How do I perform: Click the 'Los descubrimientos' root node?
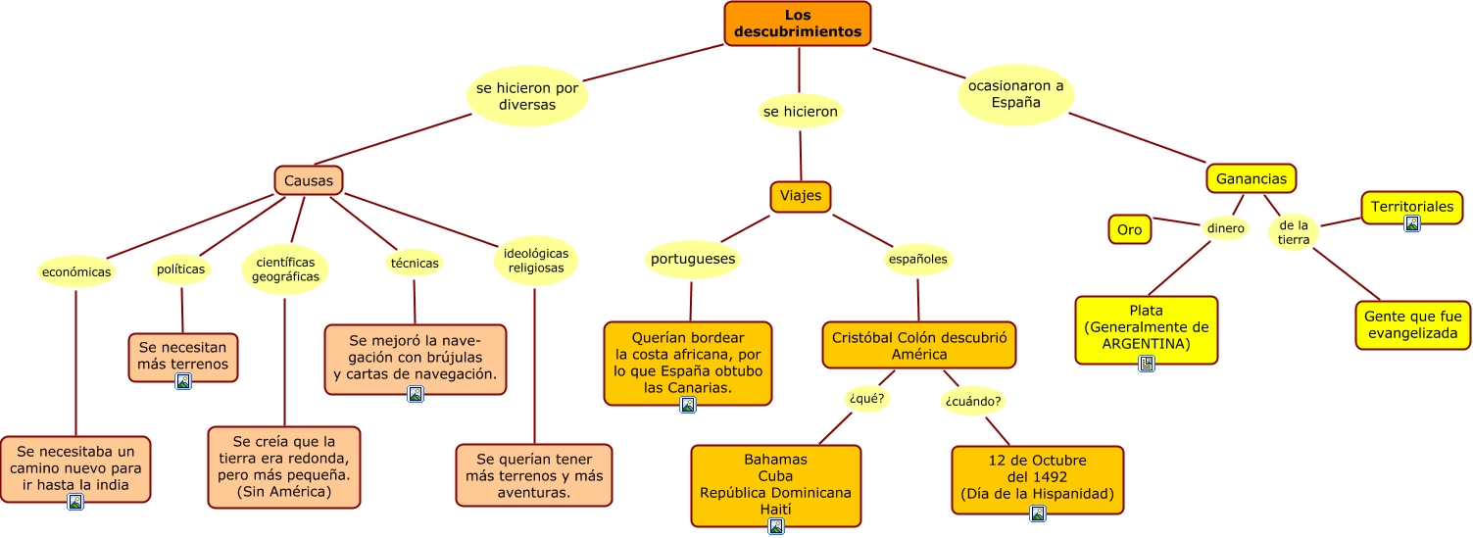797,24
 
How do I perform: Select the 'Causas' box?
308,180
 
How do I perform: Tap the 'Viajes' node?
801,196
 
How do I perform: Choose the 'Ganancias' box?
1251,178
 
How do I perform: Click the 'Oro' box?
1129,230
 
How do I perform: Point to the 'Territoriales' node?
1411,207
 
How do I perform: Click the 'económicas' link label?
75,271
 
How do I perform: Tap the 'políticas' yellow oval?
180,269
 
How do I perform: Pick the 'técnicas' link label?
414,263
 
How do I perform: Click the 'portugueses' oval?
693,260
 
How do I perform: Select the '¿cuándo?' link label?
973,401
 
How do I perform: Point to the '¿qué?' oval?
866,398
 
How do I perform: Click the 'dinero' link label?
1225,228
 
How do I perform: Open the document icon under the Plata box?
1146,364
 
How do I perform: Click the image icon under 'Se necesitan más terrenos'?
182,381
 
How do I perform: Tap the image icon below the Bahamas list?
776,526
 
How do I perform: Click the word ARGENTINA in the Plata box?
1146,344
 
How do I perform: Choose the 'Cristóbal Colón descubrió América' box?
918,345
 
